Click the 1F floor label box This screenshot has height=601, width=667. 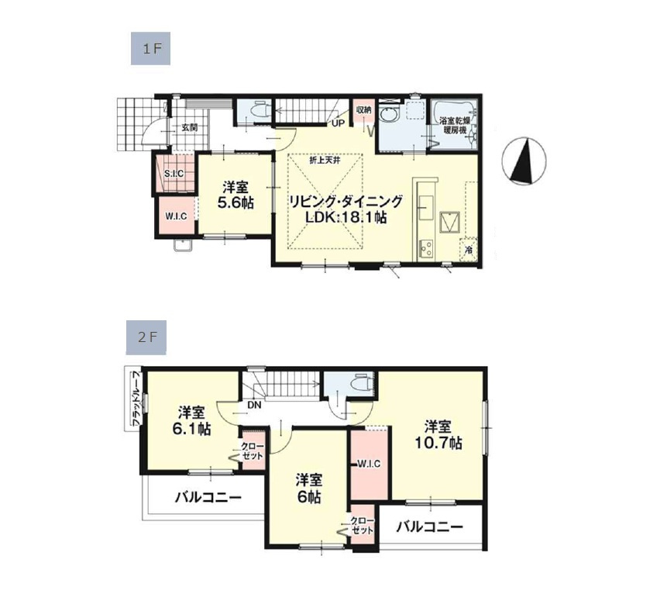pos(150,49)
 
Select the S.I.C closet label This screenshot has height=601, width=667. pos(174,173)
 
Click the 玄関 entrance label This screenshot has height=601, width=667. pos(190,127)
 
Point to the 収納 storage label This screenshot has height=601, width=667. pos(364,110)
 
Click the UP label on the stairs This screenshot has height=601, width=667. pos(338,123)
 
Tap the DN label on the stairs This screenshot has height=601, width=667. pos(254,404)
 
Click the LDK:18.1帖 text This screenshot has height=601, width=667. pos(346,219)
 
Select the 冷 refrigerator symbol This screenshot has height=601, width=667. pos(468,250)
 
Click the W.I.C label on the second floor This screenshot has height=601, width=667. pos(369,464)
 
